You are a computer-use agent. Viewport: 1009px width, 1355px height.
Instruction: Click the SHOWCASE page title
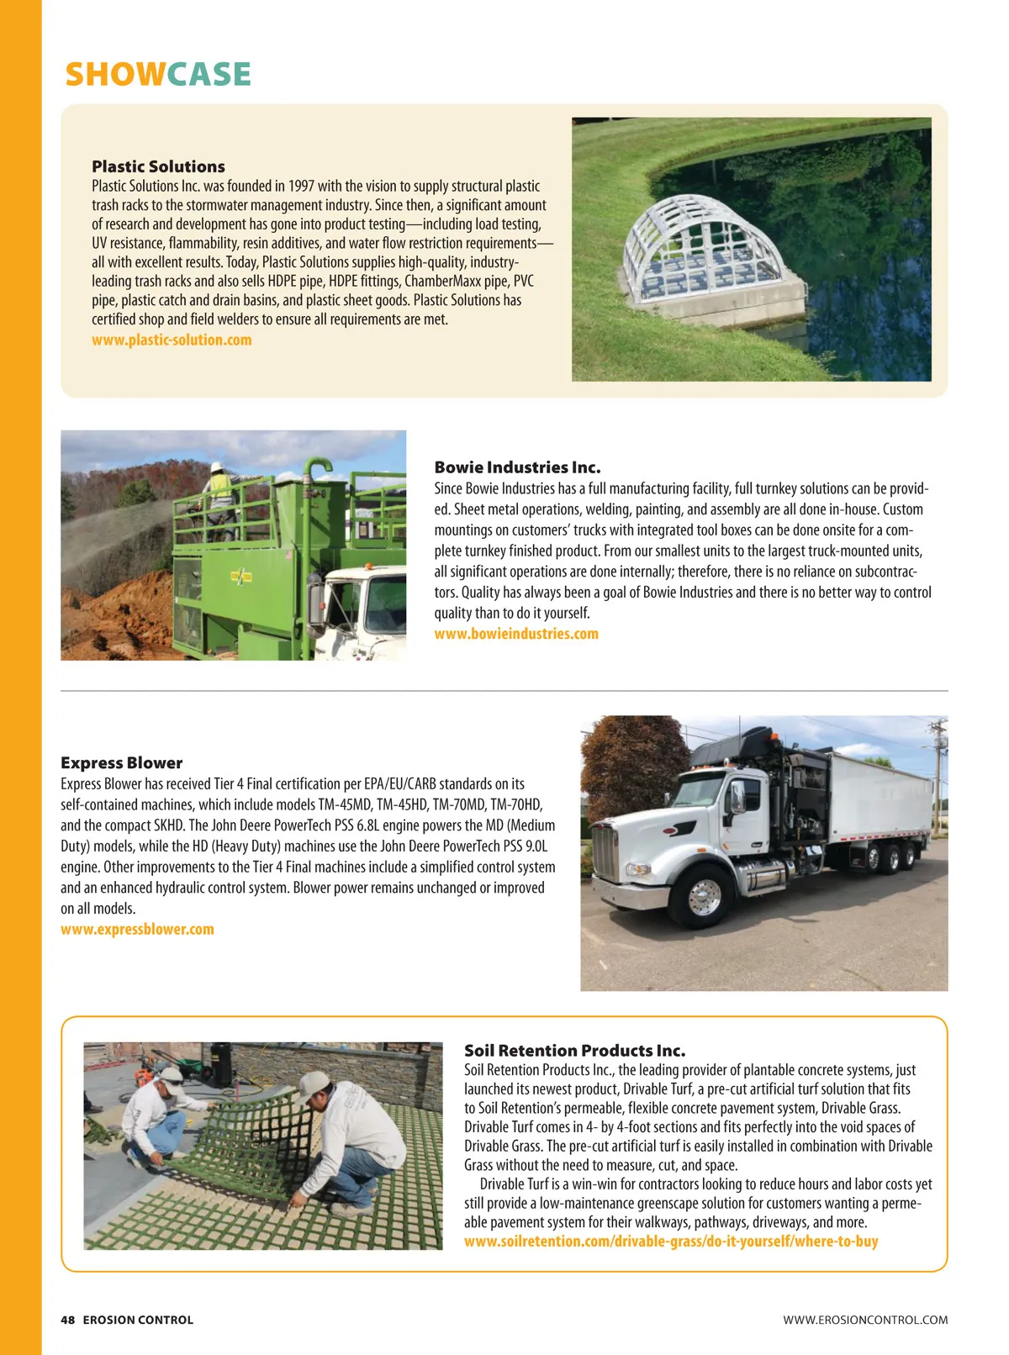pyautogui.click(x=158, y=75)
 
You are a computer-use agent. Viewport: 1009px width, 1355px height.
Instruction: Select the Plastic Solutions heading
pyautogui.click(x=158, y=166)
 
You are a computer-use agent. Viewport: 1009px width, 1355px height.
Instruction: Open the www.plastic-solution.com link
pyautogui.click(x=172, y=340)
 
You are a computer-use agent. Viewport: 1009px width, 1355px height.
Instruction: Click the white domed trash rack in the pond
pyautogui.click(x=708, y=252)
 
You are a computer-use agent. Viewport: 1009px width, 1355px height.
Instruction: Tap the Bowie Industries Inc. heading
pyautogui.click(x=517, y=467)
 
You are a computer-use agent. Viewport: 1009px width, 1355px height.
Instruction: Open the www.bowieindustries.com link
pyautogui.click(x=516, y=634)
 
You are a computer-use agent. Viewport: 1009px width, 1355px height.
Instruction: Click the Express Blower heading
pyautogui.click(x=121, y=763)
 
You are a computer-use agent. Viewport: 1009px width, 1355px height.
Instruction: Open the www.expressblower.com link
pyautogui.click(x=137, y=930)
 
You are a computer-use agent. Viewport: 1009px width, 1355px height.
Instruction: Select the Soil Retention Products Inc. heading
pyautogui.click(x=574, y=1051)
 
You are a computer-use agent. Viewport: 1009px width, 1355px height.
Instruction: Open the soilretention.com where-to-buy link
pyautogui.click(x=671, y=1242)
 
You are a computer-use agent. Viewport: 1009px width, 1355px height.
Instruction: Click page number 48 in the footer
pyautogui.click(x=67, y=1320)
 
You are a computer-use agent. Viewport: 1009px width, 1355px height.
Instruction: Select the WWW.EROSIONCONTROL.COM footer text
pyautogui.click(x=865, y=1320)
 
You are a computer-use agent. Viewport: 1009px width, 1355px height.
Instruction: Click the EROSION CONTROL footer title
pyautogui.click(x=138, y=1320)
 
